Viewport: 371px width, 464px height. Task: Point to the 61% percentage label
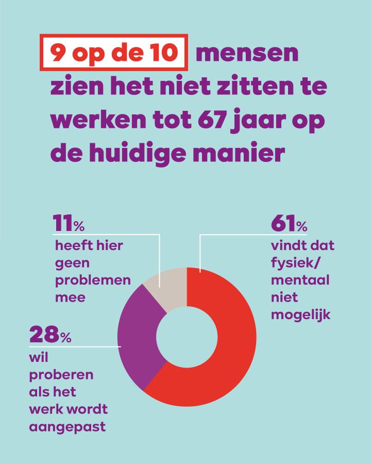coord(289,224)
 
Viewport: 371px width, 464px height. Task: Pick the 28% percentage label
coord(50,336)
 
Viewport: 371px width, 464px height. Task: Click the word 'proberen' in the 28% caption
coord(61,374)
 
